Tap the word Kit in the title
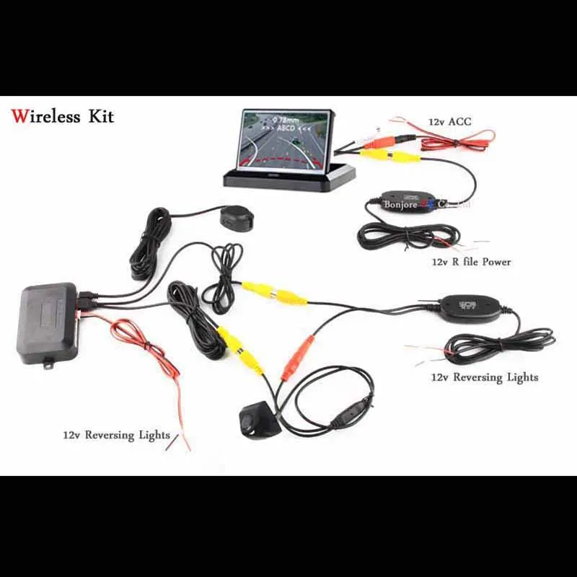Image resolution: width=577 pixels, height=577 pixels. pyautogui.click(x=101, y=116)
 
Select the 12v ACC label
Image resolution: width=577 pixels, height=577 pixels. pyautogui.click(x=449, y=122)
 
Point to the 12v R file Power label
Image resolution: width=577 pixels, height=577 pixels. pyautogui.click(x=471, y=262)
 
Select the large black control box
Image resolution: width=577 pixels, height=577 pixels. pyautogui.click(x=48, y=320)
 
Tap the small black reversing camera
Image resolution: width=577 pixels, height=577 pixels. pyautogui.click(x=257, y=419)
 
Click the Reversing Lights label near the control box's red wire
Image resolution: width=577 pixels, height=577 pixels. pyautogui.click(x=116, y=435)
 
